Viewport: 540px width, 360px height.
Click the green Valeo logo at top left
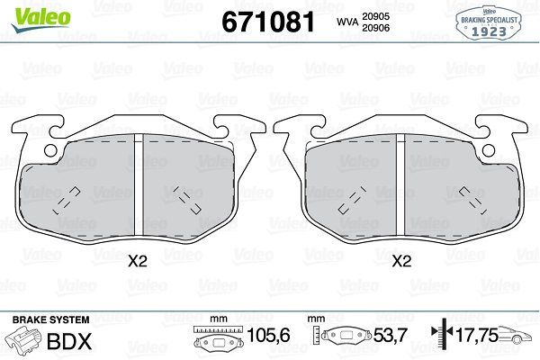[40, 19]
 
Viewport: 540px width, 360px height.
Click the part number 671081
[268, 22]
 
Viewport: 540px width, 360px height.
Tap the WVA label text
[347, 22]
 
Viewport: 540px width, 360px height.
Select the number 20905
[375, 16]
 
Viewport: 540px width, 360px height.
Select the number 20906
[375, 28]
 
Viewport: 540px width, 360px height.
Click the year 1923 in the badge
[489, 31]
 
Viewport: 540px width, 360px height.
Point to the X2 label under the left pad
[138, 262]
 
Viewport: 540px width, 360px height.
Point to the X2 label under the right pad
[402, 262]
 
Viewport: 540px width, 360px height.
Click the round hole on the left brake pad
[50, 150]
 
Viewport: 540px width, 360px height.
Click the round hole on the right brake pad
[489, 150]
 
